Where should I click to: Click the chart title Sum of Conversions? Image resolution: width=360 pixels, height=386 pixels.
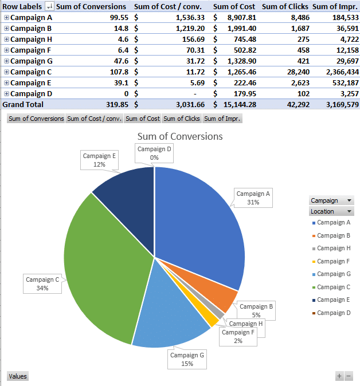[x=180, y=136]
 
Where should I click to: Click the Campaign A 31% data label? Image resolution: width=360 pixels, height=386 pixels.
[x=253, y=198]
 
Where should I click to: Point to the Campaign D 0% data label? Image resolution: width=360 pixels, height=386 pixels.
[x=154, y=153]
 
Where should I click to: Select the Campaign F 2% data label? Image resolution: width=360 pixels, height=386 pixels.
[x=238, y=336]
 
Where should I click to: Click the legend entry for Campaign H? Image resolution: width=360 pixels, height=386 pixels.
[x=334, y=248]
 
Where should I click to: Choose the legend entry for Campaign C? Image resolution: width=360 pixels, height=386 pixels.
[x=334, y=287]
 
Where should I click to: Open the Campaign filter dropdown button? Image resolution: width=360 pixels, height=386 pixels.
[x=350, y=200]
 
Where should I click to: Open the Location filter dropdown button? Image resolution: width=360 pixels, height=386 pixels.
[x=350, y=211]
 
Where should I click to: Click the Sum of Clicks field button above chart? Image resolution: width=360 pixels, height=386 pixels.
[x=181, y=119]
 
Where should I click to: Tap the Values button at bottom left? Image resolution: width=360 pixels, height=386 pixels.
[x=17, y=376]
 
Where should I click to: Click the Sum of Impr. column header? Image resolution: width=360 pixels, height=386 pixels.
[x=335, y=6]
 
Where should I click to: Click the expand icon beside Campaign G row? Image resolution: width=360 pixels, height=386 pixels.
[x=6, y=61]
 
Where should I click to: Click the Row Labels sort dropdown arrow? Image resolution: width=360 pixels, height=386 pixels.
[x=49, y=7]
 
